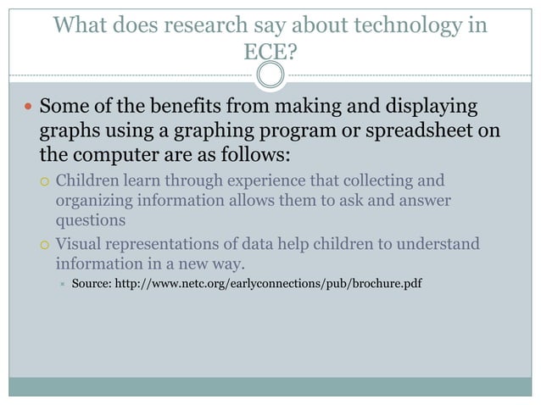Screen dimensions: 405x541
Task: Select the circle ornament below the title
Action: (270, 77)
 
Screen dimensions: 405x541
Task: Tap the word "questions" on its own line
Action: (91, 219)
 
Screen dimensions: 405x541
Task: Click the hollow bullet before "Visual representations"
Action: (46, 245)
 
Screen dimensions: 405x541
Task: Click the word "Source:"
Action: (95, 283)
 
